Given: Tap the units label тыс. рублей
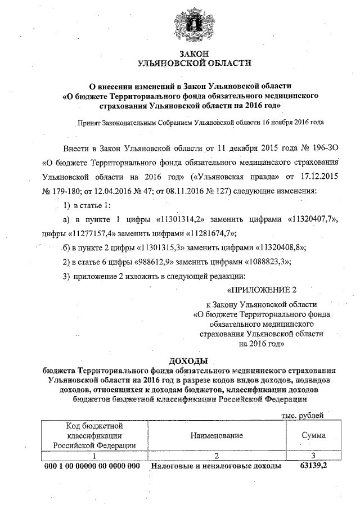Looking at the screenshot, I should (x=302, y=415).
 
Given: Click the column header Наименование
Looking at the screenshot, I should (x=216, y=435).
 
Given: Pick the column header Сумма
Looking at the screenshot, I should (x=313, y=435).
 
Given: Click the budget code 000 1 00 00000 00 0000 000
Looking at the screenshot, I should (x=92, y=467).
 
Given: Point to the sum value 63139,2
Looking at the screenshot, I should (x=313, y=467).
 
